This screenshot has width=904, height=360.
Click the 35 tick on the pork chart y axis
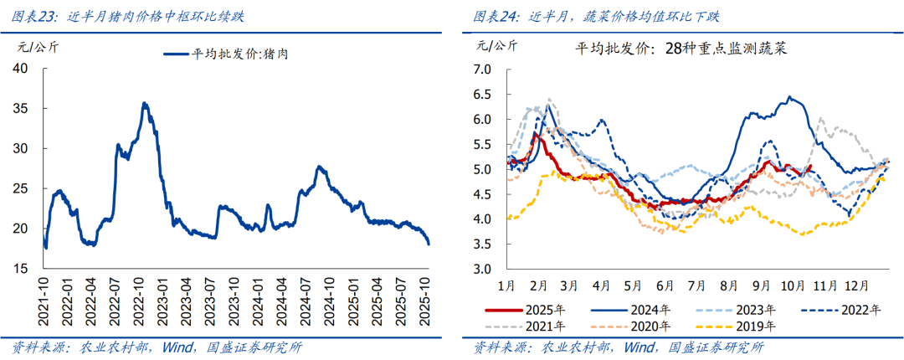pos(25,108)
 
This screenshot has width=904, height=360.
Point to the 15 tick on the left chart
pos(25,268)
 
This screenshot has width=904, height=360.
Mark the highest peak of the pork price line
pos(144,103)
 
